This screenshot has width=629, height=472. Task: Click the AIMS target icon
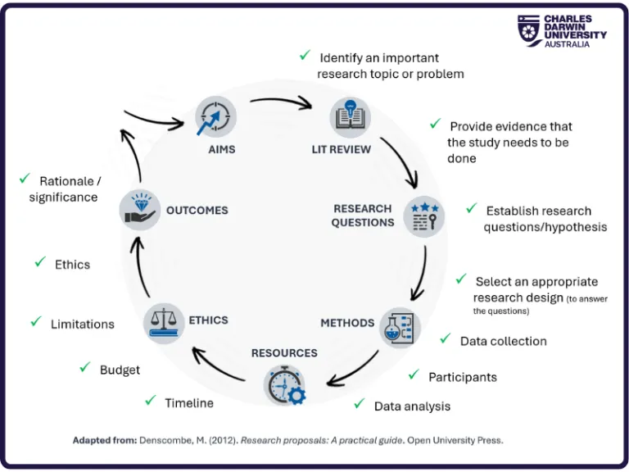point(215,116)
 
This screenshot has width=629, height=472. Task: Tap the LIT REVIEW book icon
point(350,116)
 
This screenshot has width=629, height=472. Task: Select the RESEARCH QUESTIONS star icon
point(424,216)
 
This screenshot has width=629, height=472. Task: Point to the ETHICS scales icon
point(164,321)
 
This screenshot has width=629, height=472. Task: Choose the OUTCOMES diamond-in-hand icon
point(139,209)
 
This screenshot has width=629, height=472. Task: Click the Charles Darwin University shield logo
point(528,30)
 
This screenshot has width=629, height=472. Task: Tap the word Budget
point(120,370)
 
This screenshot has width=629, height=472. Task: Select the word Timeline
point(189,402)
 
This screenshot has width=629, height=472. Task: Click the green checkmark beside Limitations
point(36,322)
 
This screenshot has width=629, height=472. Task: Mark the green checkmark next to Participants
point(414,374)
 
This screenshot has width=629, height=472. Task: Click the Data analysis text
point(412,406)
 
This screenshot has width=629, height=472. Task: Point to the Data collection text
point(503,341)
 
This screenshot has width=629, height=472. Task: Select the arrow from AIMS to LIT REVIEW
point(281,103)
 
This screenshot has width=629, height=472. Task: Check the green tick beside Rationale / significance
point(24,179)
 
